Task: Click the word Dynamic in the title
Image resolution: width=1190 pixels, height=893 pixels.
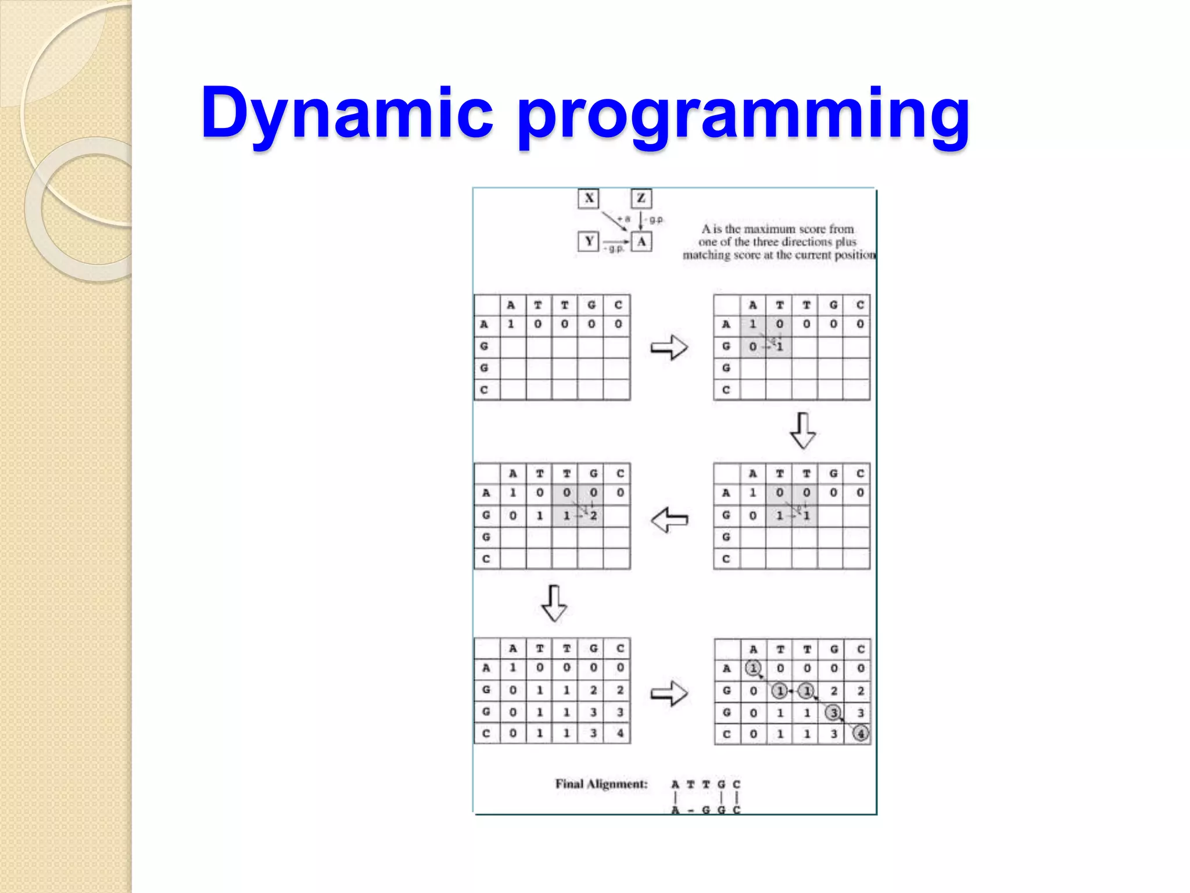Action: pos(346,113)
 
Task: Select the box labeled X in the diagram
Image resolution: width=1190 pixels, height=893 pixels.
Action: pos(589,198)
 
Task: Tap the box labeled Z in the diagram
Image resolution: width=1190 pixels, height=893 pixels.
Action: pos(641,198)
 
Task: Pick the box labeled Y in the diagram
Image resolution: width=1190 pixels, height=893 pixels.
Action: pos(589,241)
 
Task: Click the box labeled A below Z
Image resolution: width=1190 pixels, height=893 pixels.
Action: pos(641,241)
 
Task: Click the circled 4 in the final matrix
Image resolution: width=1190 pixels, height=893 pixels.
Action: pos(861,734)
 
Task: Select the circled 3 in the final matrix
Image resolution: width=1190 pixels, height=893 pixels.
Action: pos(833,712)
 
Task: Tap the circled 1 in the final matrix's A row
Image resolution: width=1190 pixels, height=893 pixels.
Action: pos(753,669)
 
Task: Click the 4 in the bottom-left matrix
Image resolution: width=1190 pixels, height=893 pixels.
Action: pos(620,733)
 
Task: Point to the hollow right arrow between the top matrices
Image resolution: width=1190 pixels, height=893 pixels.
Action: pos(669,348)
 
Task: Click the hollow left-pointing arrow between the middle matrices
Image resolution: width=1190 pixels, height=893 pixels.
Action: pos(669,520)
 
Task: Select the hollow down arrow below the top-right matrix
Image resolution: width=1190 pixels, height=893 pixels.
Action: pos(803,431)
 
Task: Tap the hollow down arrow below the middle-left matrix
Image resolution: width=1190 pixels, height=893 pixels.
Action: pos(554,603)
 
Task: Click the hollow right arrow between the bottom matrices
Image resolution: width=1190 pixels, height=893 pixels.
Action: pos(669,693)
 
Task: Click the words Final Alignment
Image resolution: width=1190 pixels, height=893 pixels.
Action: pos(601,784)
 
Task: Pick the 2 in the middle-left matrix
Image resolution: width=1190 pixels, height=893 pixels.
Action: pos(593,516)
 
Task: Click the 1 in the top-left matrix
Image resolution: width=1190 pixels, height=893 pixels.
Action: pos(511,324)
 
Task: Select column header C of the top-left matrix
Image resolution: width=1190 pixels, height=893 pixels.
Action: pos(618,305)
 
